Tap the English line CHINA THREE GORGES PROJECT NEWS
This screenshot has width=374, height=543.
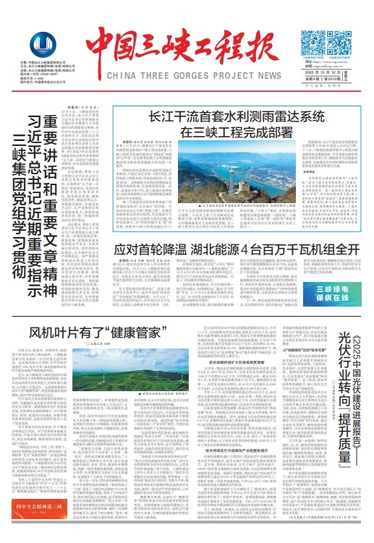(x=187, y=75)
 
